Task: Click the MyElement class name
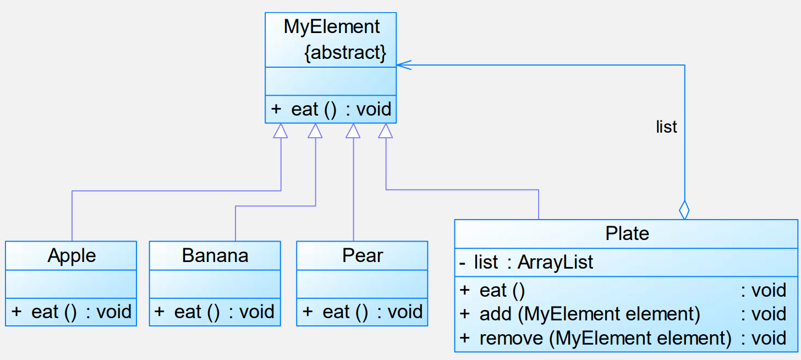331,26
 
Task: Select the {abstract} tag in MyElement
345,53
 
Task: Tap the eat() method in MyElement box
331,110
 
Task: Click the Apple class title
72,255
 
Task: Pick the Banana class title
215,255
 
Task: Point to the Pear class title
363,255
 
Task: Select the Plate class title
627,233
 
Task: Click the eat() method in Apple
71,312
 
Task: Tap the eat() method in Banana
215,312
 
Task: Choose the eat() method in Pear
362,312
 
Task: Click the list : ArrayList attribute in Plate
526,263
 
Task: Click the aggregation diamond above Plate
684,210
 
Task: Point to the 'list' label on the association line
666,127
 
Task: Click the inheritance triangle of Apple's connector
281,131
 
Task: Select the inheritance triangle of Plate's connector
386,131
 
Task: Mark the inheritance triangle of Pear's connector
353,131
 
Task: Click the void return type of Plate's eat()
764,290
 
